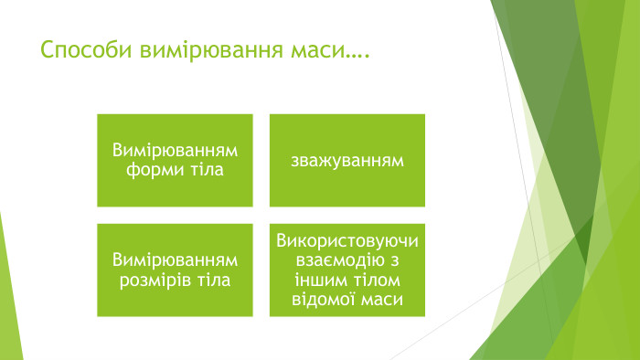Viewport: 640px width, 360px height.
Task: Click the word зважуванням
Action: (347, 161)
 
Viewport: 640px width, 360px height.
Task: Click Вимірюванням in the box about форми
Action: (175, 151)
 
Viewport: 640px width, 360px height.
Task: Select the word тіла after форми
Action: (208, 170)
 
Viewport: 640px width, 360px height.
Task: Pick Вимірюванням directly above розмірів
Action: (175, 260)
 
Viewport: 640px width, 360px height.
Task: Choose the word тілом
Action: (375, 280)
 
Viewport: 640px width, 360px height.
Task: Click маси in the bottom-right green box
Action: (381, 299)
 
